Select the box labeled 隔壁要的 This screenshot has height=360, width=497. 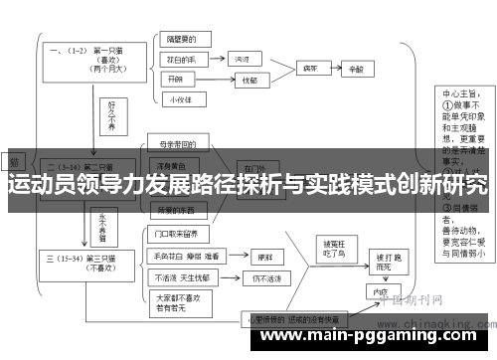point(183,42)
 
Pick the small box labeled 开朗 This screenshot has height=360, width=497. point(175,79)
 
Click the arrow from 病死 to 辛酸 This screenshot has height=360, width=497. point(335,70)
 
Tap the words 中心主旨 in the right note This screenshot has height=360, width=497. point(461,97)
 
